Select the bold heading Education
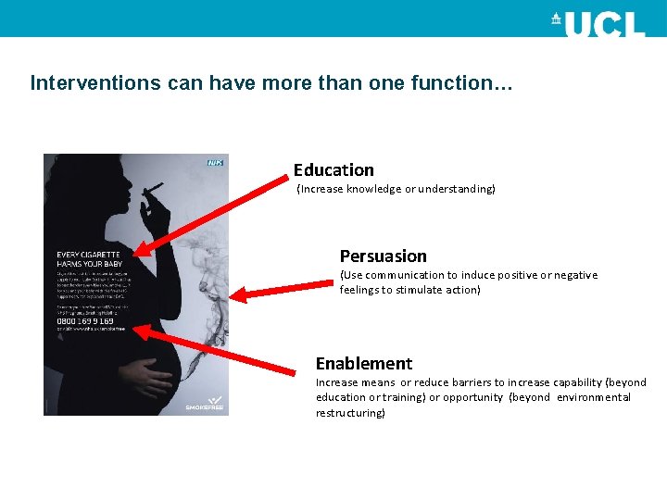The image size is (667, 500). [x=333, y=170]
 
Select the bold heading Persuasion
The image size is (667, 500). [x=383, y=256]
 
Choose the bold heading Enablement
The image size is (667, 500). [x=364, y=364]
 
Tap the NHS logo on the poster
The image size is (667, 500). [x=215, y=163]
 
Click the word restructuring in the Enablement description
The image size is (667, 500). [x=349, y=413]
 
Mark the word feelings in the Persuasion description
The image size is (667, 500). [x=361, y=290]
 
